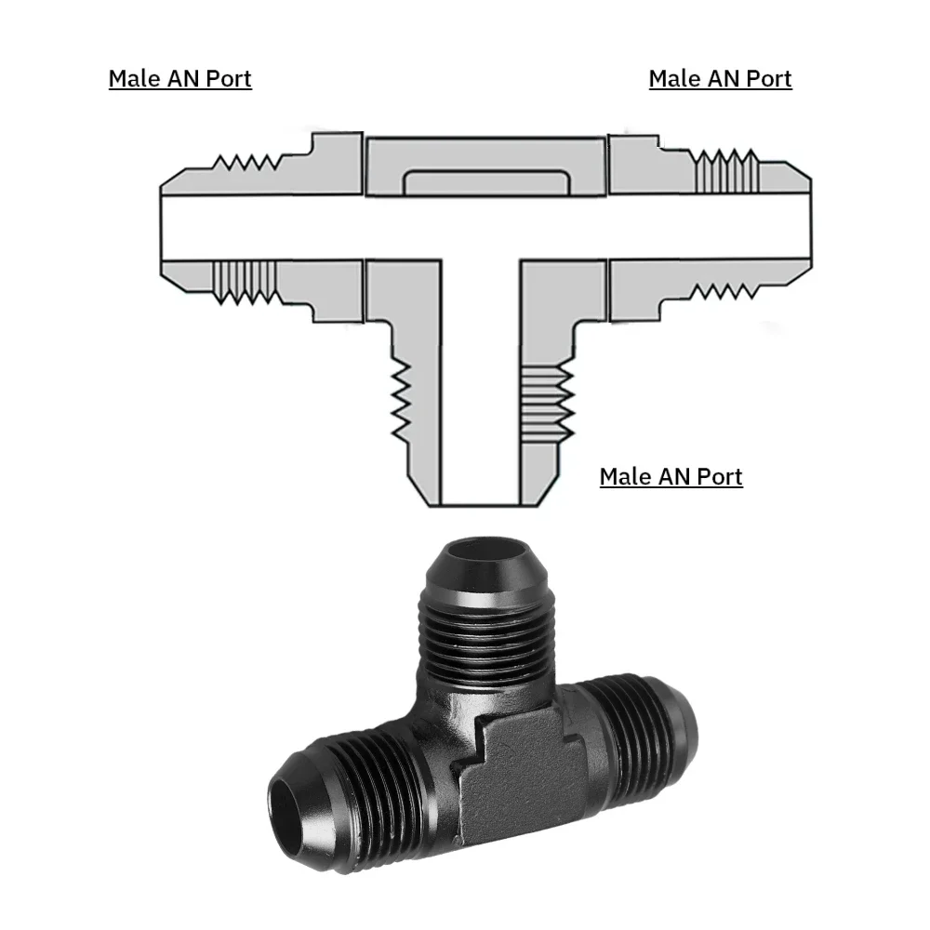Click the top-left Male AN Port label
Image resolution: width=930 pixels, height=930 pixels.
[x=179, y=78]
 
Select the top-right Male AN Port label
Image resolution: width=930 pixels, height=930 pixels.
[x=720, y=78]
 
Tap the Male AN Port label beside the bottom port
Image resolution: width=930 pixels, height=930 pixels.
[x=671, y=477]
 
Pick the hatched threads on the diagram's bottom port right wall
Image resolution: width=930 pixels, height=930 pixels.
[x=546, y=400]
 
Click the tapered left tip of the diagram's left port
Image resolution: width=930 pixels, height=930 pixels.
[x=172, y=226]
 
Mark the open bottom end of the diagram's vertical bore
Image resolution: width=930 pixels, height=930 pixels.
[x=480, y=498]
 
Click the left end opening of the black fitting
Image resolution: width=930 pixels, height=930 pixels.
[x=290, y=801]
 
